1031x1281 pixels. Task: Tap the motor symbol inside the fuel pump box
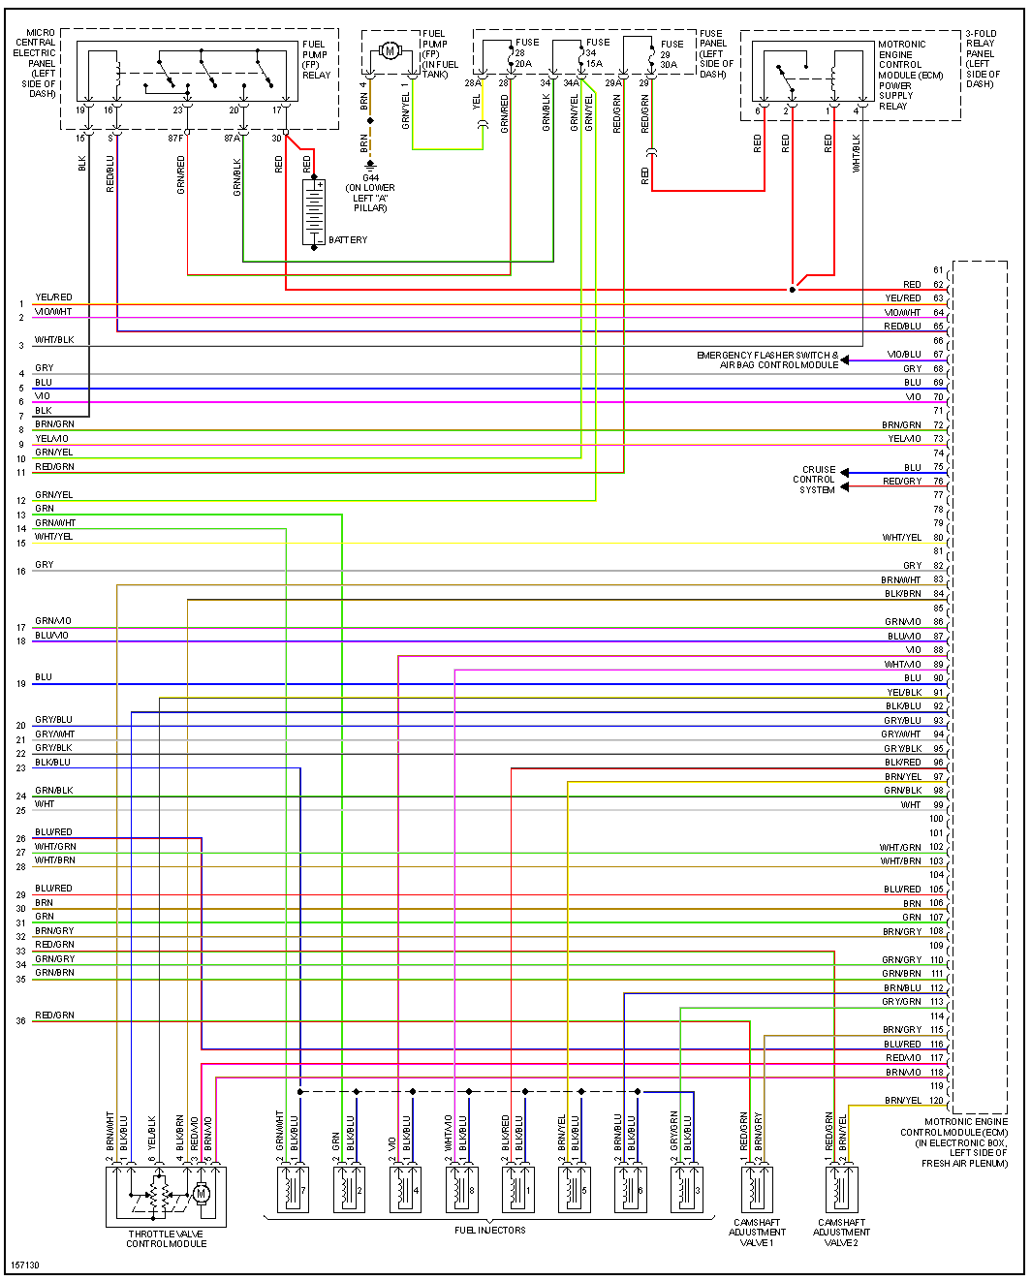(390, 50)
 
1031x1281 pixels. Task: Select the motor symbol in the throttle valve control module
(202, 1194)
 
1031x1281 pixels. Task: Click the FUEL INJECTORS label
(490, 1231)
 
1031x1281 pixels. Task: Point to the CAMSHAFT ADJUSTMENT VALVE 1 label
(757, 1233)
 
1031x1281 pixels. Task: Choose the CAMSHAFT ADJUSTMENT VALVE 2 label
(841, 1233)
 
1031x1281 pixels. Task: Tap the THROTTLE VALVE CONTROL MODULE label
(167, 1238)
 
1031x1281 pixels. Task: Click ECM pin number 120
(936, 1101)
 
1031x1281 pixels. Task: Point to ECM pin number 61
(938, 270)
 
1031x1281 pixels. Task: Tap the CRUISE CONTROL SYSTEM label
(815, 480)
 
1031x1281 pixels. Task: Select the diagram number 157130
(25, 1265)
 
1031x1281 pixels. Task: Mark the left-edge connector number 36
(21, 1021)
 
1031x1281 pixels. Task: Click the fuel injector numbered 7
(294, 1189)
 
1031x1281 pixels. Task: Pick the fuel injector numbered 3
(687, 1189)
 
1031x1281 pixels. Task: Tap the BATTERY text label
(348, 240)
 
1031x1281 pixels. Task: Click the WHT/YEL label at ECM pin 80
(901, 538)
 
